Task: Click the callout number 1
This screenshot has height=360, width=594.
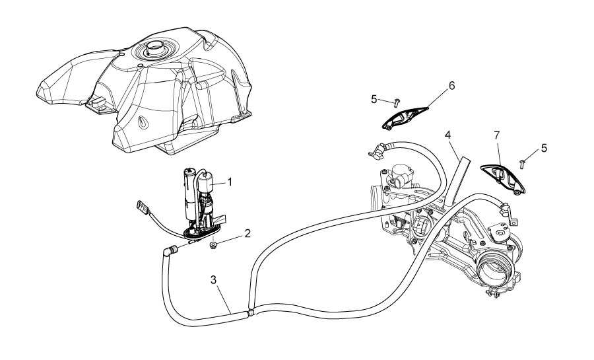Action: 229,182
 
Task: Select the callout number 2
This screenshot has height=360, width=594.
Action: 247,233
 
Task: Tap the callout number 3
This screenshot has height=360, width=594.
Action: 214,280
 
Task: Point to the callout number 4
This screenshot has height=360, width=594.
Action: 447,135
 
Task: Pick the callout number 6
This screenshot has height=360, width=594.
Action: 451,86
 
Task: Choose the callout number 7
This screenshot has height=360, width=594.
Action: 496,135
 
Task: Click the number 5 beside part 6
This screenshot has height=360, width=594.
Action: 374,100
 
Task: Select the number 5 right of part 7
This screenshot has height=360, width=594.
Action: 544,148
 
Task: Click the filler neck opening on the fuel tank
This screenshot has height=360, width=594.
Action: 154,48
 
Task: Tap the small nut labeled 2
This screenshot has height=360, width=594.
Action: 213,246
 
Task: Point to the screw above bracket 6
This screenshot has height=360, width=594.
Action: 397,102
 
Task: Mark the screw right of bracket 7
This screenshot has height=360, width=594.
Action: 523,164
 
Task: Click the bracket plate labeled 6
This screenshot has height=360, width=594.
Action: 404,118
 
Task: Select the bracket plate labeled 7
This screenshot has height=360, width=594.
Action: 503,178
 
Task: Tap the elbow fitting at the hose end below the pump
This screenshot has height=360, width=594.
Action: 170,250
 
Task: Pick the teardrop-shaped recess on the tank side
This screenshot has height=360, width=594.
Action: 144,122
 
